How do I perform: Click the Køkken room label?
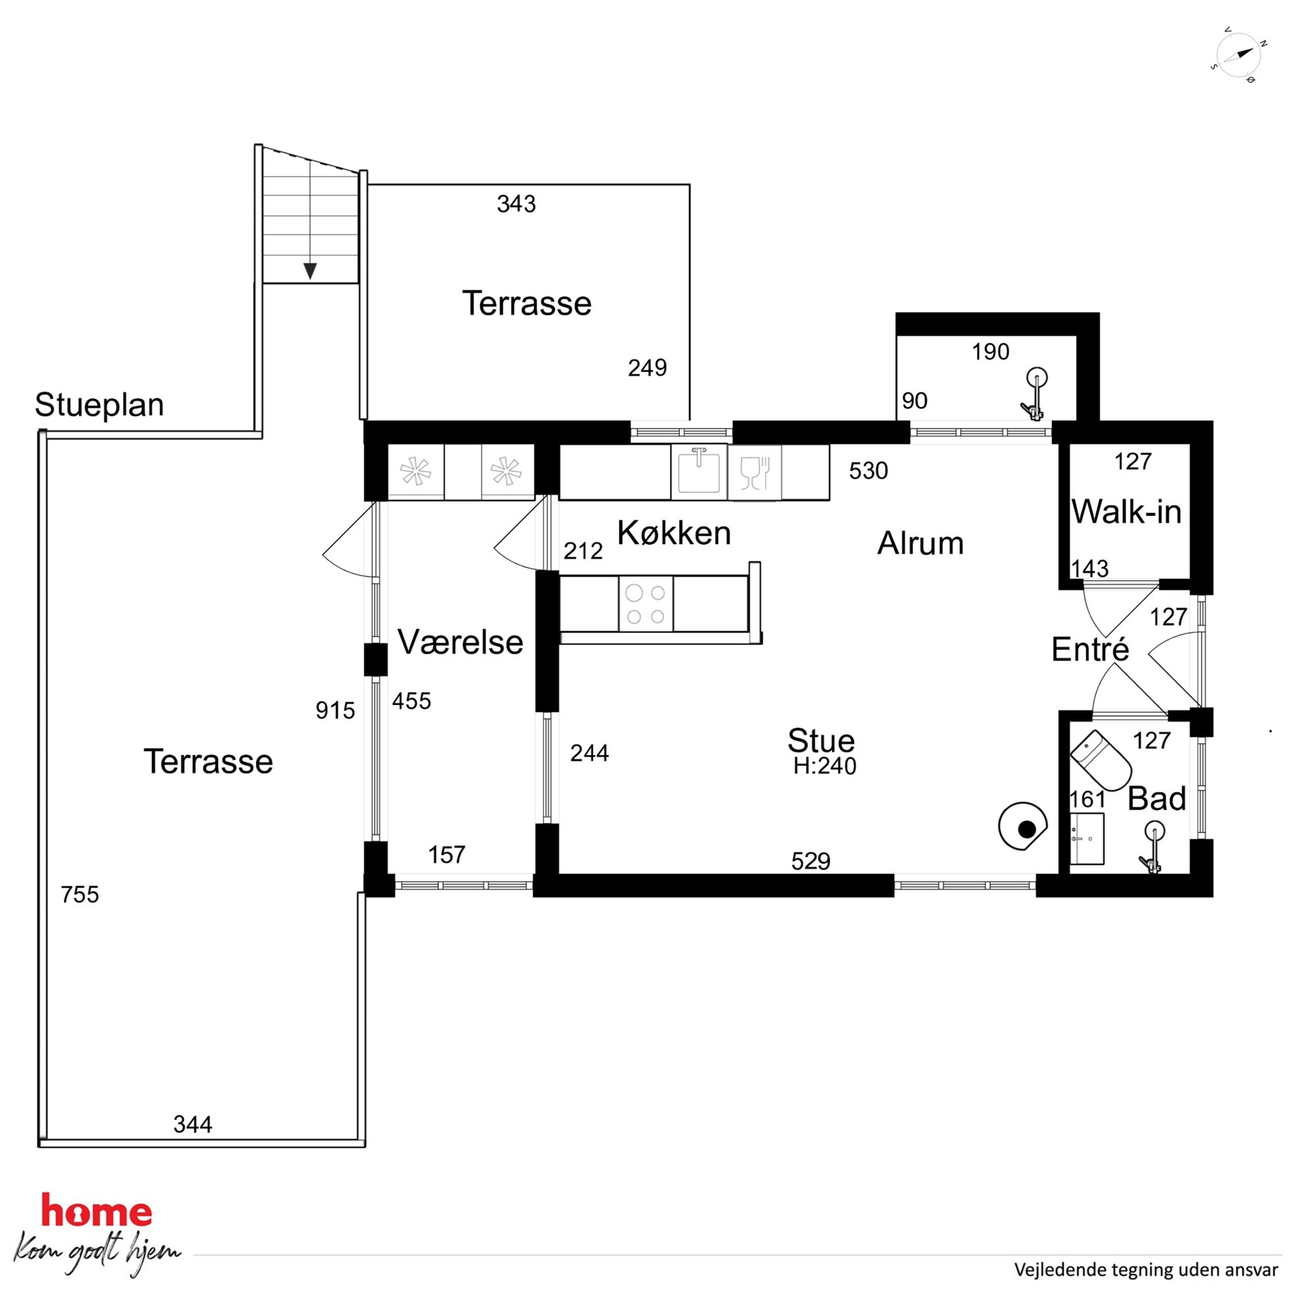tap(674, 533)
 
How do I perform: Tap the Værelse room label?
tap(460, 642)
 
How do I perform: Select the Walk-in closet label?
tap(1126, 511)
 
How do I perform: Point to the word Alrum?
tap(920, 543)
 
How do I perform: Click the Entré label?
tap(1090, 650)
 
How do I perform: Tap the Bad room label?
tap(1156, 799)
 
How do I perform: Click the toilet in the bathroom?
tap(1101, 760)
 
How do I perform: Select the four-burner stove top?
tap(646, 604)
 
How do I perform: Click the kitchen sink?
tap(699, 472)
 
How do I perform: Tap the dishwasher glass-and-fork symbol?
tap(755, 472)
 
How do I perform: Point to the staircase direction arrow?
tap(310, 271)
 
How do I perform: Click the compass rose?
tap(1238, 55)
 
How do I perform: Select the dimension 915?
tap(335, 710)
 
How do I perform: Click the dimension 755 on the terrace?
tap(80, 895)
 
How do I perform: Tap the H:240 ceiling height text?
tap(825, 765)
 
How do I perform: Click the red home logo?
tap(97, 1210)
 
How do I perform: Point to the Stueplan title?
tap(99, 404)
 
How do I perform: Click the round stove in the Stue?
tap(1023, 826)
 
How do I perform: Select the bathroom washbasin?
tap(1086, 839)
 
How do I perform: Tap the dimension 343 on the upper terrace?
tap(516, 204)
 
